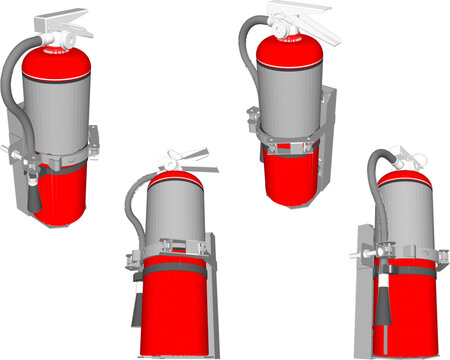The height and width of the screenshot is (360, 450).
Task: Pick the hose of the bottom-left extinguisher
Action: coord(130,215)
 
